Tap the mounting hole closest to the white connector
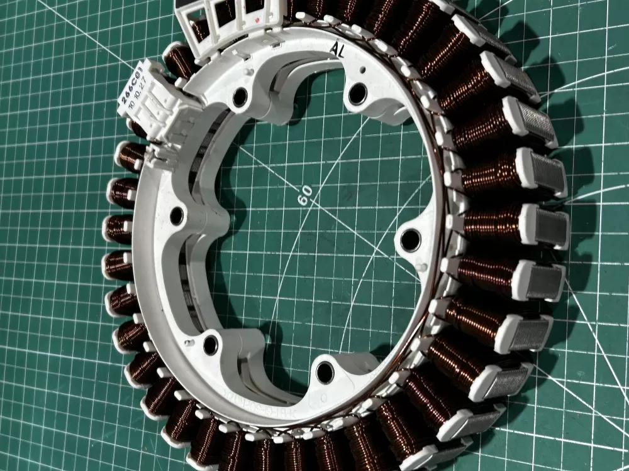240,97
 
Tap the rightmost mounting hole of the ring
410,239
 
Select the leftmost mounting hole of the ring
176,216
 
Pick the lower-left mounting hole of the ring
210,344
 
